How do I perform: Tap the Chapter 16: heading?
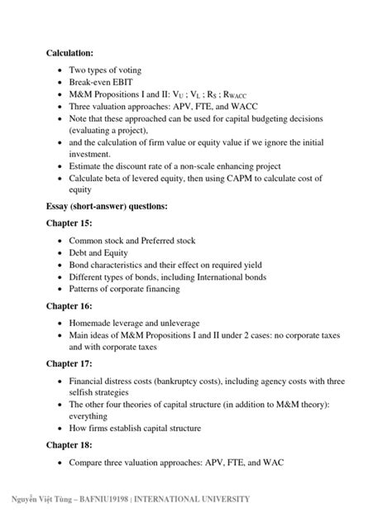(69, 305)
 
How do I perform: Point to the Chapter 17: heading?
(69, 363)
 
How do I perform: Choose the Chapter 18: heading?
(69, 445)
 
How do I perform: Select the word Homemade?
(92, 324)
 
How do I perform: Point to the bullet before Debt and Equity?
(60, 253)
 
